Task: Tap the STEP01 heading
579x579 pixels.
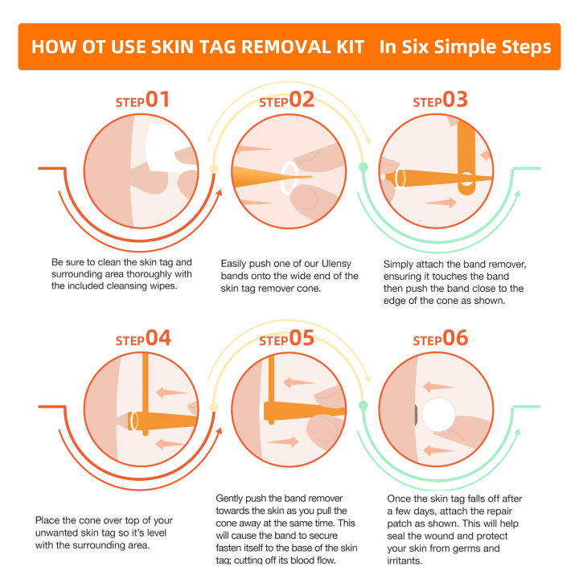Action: tap(142, 101)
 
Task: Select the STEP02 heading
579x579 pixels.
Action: tap(286, 101)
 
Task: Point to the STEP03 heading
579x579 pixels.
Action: tap(440, 101)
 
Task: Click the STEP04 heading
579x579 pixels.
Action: tap(142, 339)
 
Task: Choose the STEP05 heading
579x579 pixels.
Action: tap(286, 339)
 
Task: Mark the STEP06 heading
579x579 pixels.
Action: tap(440, 339)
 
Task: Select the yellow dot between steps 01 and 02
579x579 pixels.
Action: tap(214, 168)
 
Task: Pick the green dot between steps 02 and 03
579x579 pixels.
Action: tap(363, 167)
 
